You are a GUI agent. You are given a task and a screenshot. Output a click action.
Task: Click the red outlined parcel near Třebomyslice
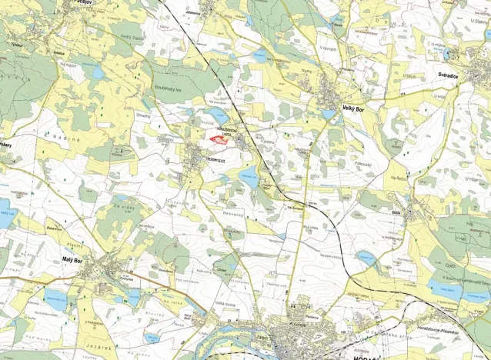219,139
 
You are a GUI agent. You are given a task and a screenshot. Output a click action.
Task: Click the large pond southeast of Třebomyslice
249,176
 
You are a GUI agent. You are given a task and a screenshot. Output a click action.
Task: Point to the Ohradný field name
143,116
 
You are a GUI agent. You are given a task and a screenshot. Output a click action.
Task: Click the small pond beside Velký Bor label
329,115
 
